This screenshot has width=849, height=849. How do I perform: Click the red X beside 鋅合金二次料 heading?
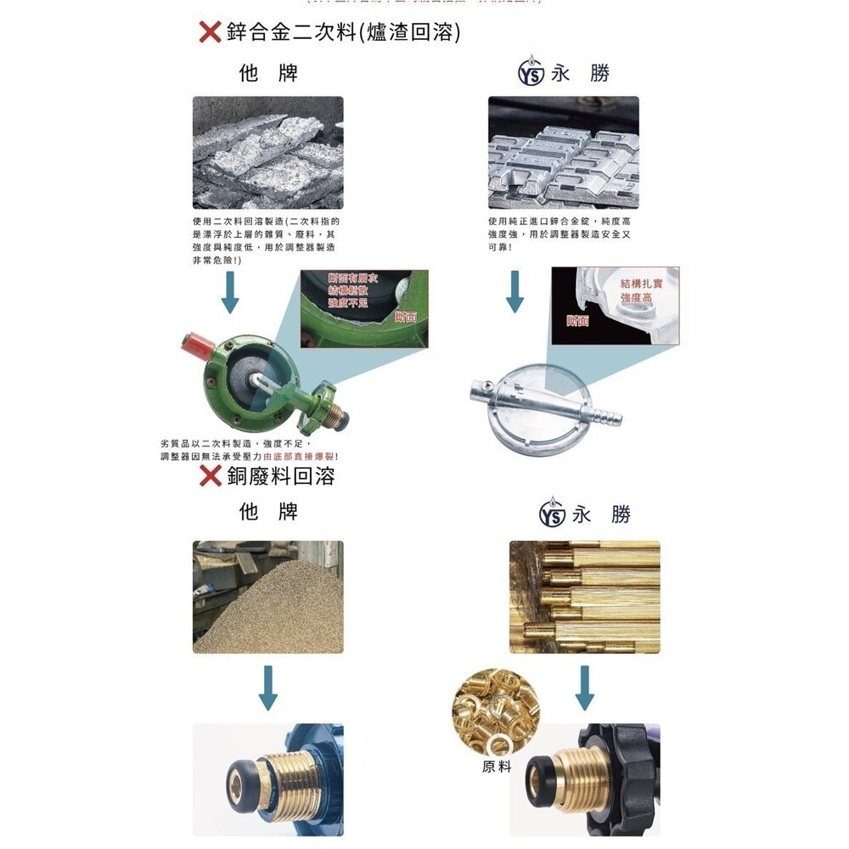click(210, 33)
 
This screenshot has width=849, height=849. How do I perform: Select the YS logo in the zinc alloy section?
click(529, 75)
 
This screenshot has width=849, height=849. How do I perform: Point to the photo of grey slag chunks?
click(267, 152)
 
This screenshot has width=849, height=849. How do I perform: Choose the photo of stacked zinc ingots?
click(563, 152)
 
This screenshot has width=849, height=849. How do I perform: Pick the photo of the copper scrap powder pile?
click(267, 597)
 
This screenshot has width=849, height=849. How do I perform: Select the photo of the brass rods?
click(584, 597)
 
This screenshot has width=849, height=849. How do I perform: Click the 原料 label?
click(497, 767)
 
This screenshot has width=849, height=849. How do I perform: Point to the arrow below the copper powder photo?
click(267, 687)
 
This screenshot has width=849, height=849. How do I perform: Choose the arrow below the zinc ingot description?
click(514, 292)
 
